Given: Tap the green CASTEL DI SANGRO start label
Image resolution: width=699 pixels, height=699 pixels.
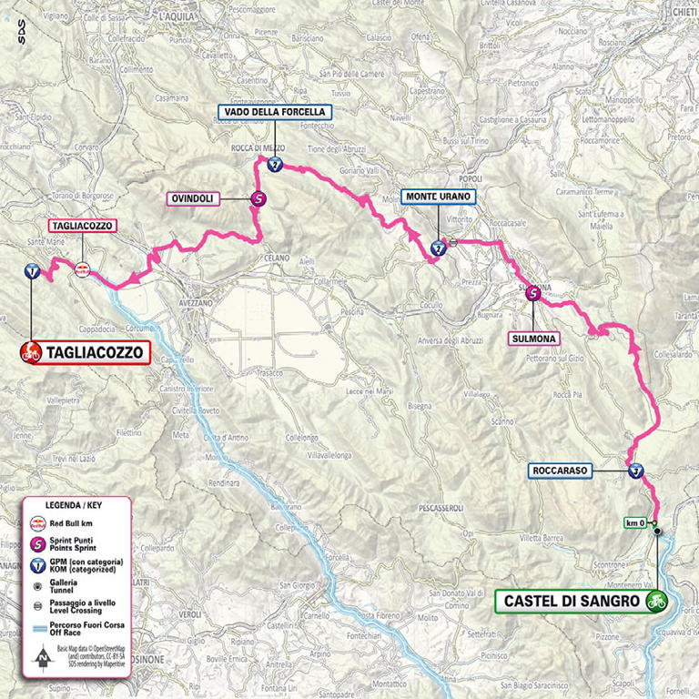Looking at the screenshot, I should (568, 600).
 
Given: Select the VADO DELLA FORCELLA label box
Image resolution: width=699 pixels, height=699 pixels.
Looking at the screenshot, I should (272, 112).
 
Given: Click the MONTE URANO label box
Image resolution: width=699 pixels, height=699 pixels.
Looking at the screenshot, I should (439, 196).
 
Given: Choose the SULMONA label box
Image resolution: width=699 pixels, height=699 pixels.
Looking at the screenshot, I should (534, 338).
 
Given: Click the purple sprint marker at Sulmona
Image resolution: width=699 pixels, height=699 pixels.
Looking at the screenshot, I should (533, 293).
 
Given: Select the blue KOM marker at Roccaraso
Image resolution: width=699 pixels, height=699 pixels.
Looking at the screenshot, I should (635, 471).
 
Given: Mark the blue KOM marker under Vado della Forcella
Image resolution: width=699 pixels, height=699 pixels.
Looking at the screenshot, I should (274, 166).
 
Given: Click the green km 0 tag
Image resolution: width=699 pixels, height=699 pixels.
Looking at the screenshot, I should (634, 523).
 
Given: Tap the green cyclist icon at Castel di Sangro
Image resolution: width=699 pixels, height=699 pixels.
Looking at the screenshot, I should (653, 600).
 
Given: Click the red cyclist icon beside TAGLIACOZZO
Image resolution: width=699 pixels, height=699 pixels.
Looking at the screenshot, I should (31, 352).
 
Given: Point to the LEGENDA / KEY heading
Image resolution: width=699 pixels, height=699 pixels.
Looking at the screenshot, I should (76, 504).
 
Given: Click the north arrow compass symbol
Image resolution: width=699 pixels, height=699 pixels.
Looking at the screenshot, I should (41, 656).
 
